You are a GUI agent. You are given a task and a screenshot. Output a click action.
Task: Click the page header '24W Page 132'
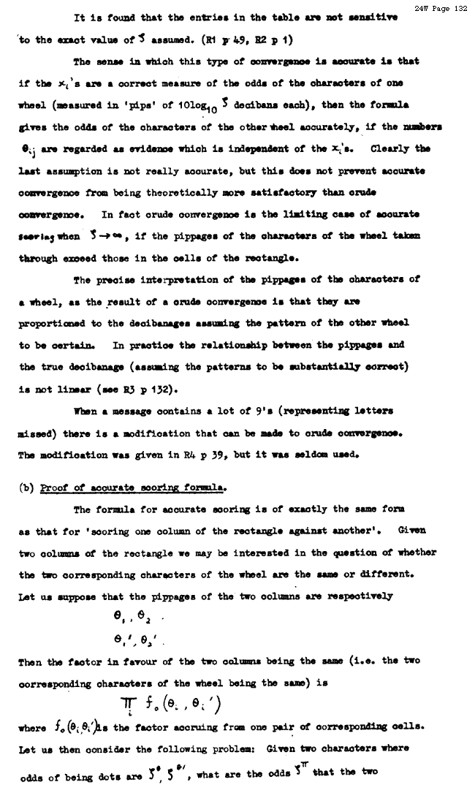[441, 8]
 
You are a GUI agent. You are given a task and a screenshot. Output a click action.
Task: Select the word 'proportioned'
[53, 323]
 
